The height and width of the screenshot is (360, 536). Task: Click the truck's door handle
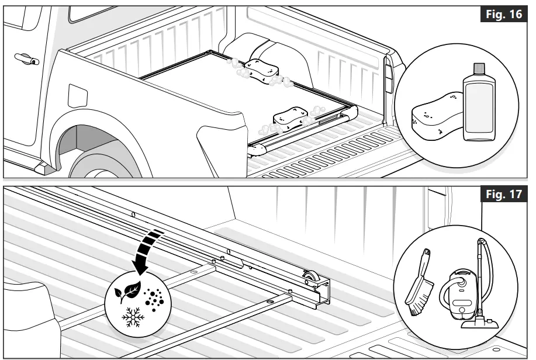(26, 58)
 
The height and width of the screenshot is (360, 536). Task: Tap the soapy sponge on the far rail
(261, 70)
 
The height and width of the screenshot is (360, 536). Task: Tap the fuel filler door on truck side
(77, 96)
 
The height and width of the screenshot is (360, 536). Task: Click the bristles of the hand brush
(416, 304)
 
